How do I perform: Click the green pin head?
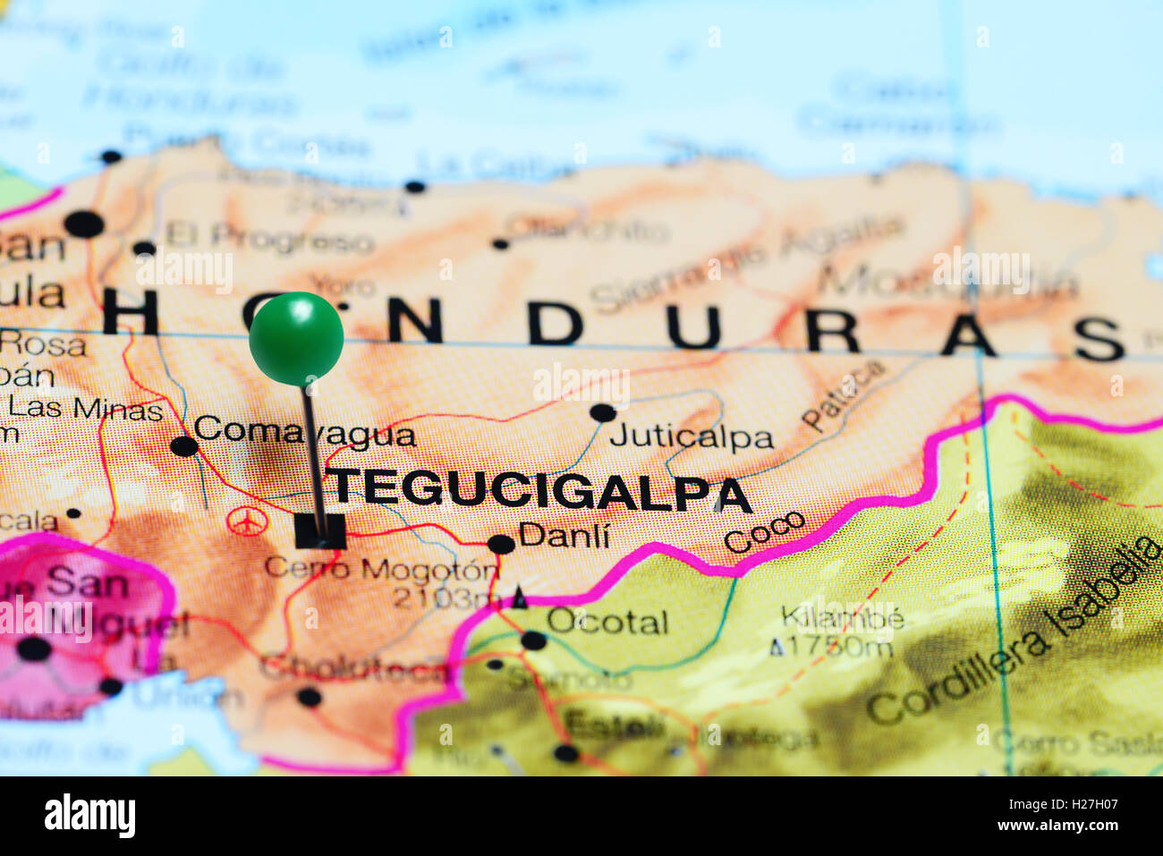(296, 338)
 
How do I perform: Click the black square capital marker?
(319, 531)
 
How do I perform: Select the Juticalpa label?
(691, 437)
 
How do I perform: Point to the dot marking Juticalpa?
(603, 413)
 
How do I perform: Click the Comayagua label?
(304, 432)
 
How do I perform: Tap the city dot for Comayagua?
(183, 445)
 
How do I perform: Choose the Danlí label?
(564, 536)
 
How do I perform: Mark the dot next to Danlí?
(501, 544)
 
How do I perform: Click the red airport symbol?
(247, 521)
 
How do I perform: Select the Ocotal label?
(607, 622)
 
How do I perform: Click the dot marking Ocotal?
(533, 640)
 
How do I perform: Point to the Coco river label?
(764, 532)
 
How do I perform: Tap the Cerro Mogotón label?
(381, 570)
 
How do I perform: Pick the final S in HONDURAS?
(1098, 338)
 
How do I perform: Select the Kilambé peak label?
(842, 617)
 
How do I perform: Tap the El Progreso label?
(269, 239)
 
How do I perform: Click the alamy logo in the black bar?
(89, 816)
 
